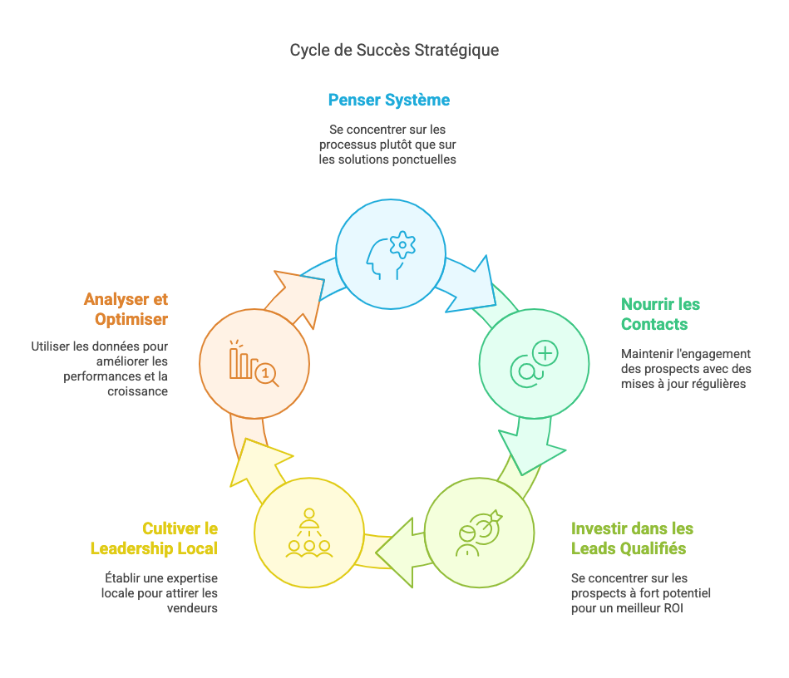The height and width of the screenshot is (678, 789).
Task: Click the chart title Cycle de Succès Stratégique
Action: [x=394, y=50]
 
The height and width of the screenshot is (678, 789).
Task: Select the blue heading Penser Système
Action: [x=389, y=101]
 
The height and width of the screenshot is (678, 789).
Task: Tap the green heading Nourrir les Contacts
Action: [x=660, y=314]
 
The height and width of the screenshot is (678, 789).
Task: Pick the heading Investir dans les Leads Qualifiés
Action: [x=632, y=538]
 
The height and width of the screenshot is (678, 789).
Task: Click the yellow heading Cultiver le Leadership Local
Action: [x=154, y=538]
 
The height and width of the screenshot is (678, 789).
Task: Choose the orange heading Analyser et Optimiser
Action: [x=126, y=309]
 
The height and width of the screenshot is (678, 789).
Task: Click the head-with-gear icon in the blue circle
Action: [x=391, y=255]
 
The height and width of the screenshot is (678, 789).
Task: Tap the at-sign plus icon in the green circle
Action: [x=534, y=362]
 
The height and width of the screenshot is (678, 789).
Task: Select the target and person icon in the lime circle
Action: [x=480, y=532]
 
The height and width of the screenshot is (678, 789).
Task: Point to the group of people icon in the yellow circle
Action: [x=308, y=533]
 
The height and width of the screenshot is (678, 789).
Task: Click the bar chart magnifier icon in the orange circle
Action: [x=254, y=364]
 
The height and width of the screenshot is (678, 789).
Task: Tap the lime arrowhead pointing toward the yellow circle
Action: [x=399, y=552]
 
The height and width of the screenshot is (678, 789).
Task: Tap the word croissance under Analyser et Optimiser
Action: [x=138, y=391]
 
